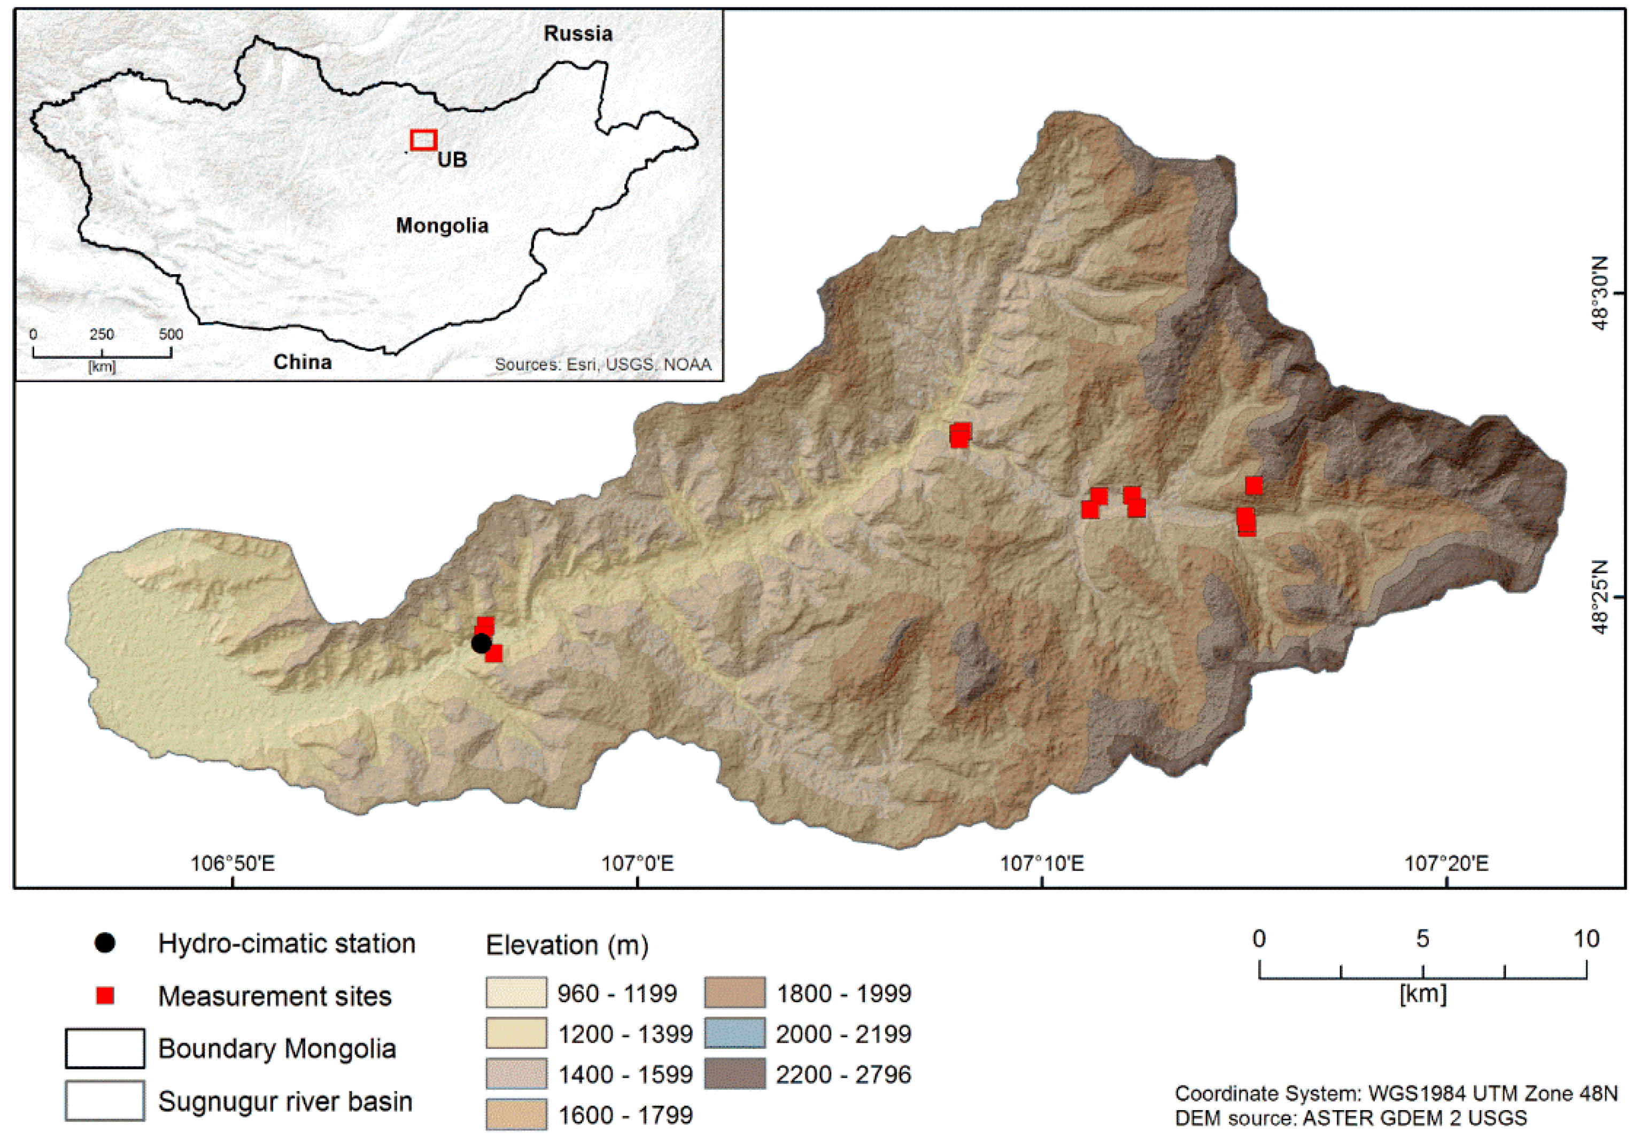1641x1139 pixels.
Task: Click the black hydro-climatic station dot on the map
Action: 481,643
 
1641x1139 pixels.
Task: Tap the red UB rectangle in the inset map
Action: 423,140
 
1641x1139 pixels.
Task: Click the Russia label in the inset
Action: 577,34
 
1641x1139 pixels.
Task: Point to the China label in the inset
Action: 303,362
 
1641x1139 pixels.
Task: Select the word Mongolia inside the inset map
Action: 442,226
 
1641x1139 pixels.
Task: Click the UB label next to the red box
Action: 453,159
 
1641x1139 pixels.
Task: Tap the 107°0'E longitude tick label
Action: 637,864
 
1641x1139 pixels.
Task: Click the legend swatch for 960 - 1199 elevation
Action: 516,993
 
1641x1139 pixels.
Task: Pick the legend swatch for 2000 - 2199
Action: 734,1033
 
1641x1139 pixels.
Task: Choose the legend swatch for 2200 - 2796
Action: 734,1074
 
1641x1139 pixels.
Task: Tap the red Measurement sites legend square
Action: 105,996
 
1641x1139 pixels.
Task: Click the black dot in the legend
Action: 105,943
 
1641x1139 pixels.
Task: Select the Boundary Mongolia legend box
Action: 105,1048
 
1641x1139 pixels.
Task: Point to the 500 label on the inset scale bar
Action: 171,334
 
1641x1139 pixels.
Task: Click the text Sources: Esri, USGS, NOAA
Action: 603,365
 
